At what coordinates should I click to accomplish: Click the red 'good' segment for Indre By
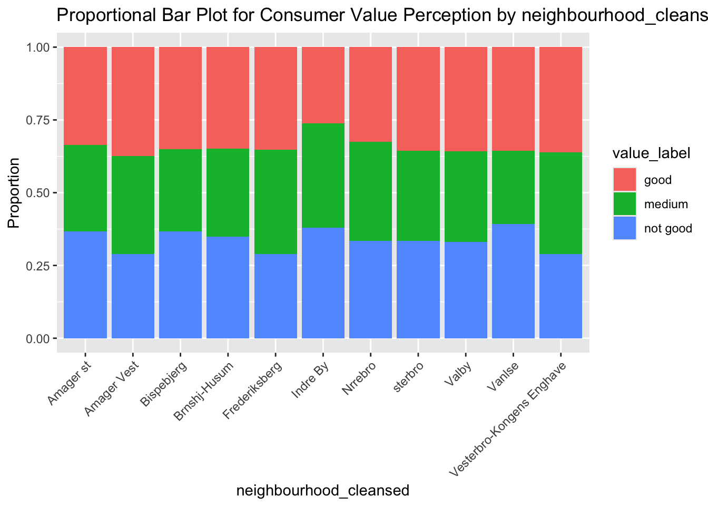323,85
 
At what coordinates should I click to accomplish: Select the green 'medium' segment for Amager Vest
133,205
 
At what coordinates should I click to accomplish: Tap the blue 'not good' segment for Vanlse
513,281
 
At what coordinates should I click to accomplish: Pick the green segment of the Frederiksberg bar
276,202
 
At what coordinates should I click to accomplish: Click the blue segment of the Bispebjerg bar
180,285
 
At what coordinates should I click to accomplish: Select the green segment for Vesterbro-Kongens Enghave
560,203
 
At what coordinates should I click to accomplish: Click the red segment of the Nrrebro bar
370,94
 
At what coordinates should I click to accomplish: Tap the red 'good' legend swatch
625,180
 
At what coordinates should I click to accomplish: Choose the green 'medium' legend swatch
625,204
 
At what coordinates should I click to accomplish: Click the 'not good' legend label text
668,229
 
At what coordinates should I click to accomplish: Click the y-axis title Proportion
14,193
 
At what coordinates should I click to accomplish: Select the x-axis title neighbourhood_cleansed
323,491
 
